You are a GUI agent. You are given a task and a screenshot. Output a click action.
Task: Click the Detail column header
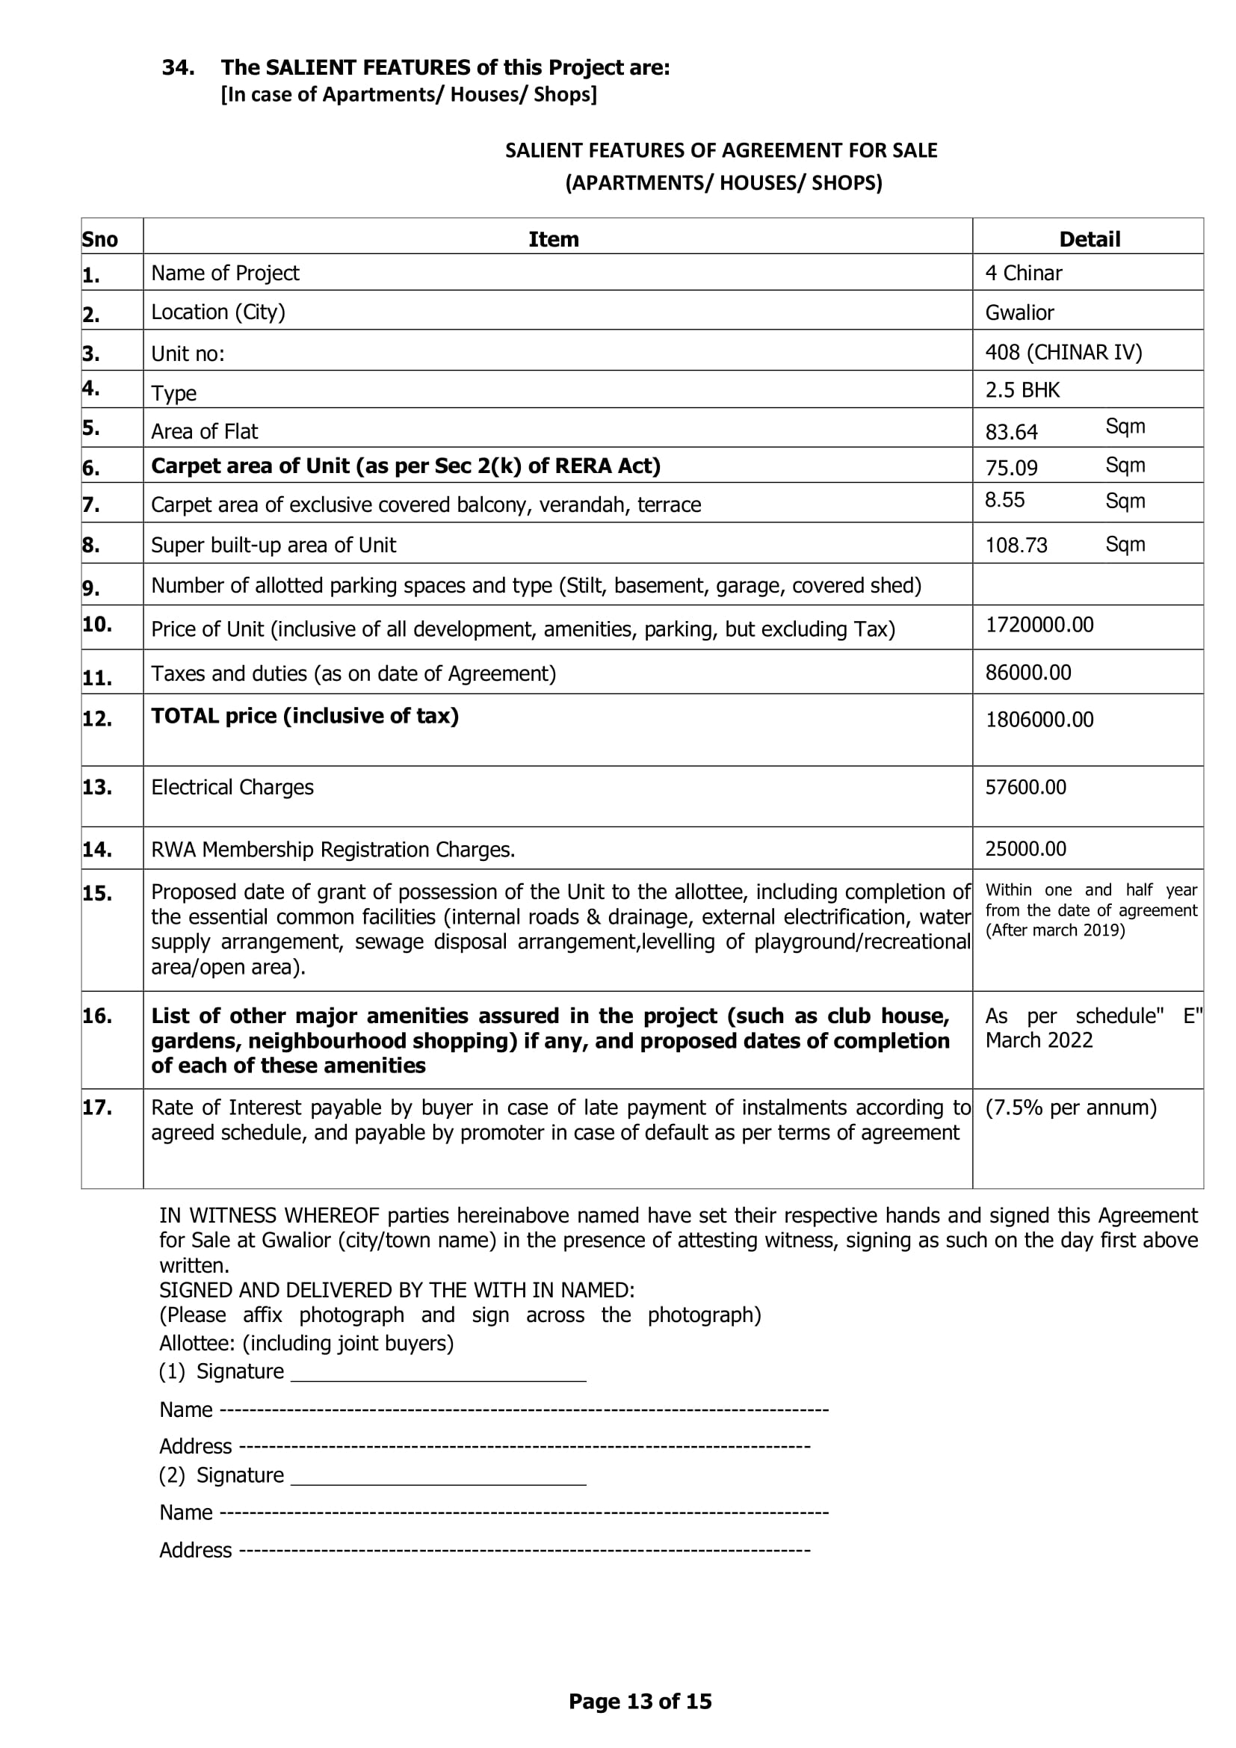tap(1089, 239)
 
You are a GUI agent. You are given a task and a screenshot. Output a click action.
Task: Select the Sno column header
tap(99, 240)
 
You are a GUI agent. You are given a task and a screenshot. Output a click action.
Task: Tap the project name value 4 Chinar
tap(1023, 274)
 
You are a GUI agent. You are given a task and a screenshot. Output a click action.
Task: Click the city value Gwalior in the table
tap(1019, 313)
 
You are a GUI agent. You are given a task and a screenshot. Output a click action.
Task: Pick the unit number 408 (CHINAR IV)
tap(1063, 353)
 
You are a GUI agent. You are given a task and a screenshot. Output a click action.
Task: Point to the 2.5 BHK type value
tap(1022, 391)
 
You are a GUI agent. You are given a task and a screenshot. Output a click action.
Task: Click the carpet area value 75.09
tap(1011, 467)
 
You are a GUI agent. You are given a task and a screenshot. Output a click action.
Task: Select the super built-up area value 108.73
tap(1016, 545)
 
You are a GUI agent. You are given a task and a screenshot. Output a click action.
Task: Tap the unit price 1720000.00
tap(1039, 625)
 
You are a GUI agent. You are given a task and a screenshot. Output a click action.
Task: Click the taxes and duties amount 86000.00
tap(1028, 673)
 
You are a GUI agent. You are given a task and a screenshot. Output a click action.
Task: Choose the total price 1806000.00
tap(1039, 720)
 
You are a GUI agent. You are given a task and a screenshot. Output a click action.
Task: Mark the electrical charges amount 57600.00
tap(1025, 787)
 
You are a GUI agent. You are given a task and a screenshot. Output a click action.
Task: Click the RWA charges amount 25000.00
tap(1025, 849)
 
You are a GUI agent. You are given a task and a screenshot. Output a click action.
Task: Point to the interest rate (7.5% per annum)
tap(1070, 1108)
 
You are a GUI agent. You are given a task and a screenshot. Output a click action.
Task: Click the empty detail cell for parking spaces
tap(1087, 584)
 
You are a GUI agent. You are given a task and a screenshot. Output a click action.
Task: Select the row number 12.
tap(96, 719)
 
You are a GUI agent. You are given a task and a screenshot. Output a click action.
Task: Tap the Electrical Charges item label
tap(232, 787)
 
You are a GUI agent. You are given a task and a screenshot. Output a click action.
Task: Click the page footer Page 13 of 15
tap(640, 1702)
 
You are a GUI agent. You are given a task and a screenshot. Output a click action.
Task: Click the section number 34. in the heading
tap(178, 68)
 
